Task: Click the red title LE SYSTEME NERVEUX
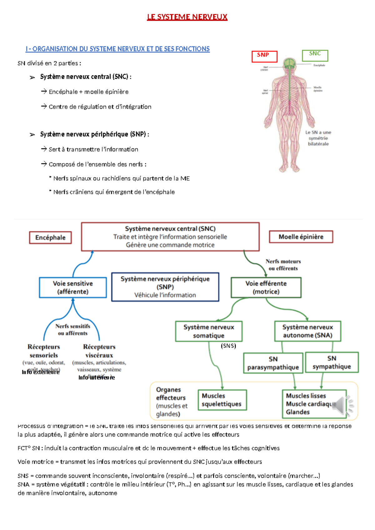point(187,17)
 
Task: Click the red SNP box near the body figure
point(264,57)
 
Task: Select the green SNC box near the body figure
point(315,55)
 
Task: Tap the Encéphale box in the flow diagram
point(50,237)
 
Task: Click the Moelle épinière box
point(301,237)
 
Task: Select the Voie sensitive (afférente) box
point(73,287)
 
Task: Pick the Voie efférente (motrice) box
point(266,287)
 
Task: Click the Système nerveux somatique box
point(209,331)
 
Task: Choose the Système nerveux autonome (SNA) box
point(308,331)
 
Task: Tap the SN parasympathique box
point(273,363)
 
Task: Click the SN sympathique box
point(332,362)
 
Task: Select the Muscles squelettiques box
point(222,400)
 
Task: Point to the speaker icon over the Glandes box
point(342,406)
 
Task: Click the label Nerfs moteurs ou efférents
point(283,265)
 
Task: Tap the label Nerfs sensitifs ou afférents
point(73,330)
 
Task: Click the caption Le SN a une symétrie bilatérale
point(318,138)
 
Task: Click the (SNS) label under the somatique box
point(228,346)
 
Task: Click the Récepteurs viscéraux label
point(99,351)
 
